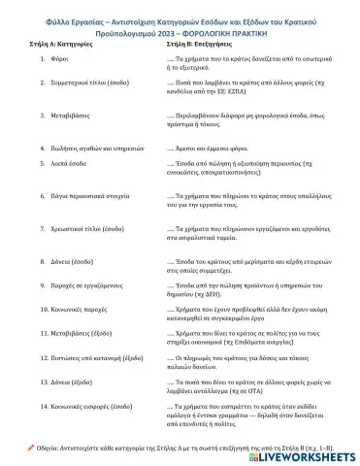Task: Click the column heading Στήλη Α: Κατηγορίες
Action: click(53, 46)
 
